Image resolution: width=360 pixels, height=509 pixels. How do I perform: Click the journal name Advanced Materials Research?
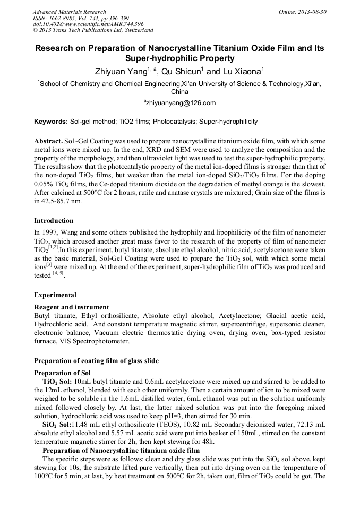pyautogui.click(x=69, y=12)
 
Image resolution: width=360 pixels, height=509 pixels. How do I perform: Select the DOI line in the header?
pyautogui.click(x=88, y=24)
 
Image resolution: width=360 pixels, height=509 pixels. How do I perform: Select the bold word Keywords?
pyautogui.click(x=50, y=122)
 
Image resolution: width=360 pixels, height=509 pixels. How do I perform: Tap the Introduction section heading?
pyautogui.click(x=54, y=220)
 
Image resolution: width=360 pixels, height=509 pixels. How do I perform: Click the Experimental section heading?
pyautogui.click(x=55, y=295)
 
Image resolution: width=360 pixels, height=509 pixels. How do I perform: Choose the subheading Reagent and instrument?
pyautogui.click(x=71, y=307)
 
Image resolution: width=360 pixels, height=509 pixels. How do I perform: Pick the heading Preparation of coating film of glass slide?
pyautogui.click(x=96, y=361)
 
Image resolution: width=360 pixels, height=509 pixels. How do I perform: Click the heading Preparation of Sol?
pyautogui.click(x=62, y=373)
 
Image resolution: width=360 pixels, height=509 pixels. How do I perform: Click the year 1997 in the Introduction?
pyautogui.click(x=49, y=232)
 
